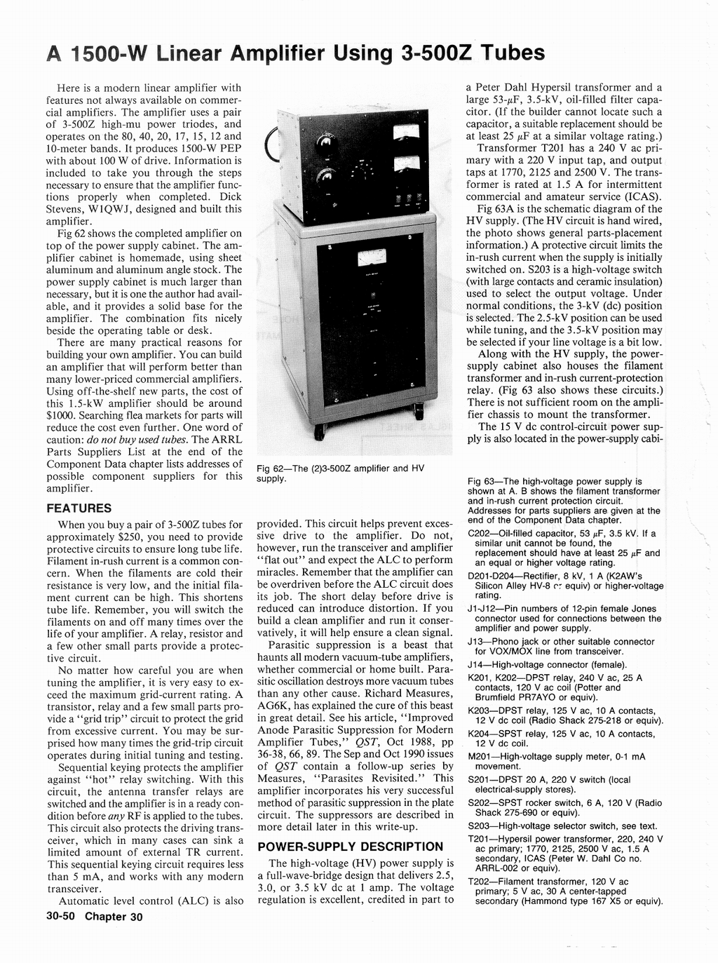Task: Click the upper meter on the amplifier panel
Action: [x=405, y=133]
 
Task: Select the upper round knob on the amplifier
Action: [x=326, y=144]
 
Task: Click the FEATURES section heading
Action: [x=79, y=508]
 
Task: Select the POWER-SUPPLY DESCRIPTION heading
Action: [x=351, y=847]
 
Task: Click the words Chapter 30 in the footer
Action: [x=114, y=917]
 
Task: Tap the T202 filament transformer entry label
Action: [x=481, y=882]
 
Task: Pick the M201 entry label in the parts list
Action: [x=482, y=757]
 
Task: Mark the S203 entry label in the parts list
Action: [x=481, y=826]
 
